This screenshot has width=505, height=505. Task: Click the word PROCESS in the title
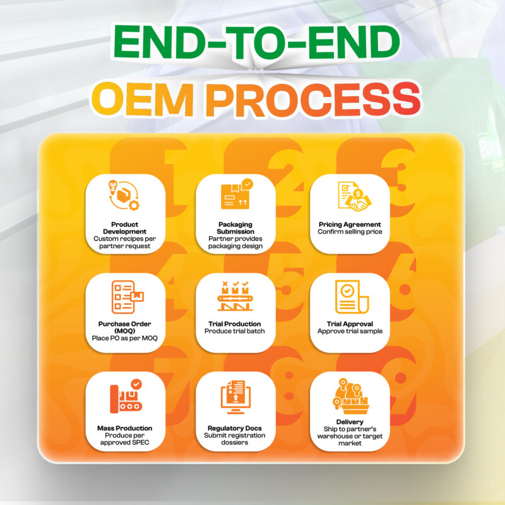click(x=313, y=99)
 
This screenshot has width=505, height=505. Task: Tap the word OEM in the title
click(x=143, y=99)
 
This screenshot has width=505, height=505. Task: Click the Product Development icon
click(x=124, y=196)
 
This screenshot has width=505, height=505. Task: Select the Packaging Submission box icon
click(x=237, y=194)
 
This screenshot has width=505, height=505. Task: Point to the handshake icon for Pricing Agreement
click(x=354, y=197)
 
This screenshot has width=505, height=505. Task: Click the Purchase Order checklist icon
click(x=128, y=297)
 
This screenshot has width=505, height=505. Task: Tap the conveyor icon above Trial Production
click(x=235, y=296)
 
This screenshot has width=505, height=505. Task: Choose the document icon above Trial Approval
click(x=352, y=297)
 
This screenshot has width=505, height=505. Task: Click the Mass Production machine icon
click(x=126, y=396)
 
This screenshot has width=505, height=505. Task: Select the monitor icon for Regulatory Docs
click(x=235, y=397)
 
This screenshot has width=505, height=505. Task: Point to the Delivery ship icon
click(x=351, y=396)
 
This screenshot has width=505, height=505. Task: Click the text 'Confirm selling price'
click(x=350, y=232)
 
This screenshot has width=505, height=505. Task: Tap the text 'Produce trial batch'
click(x=234, y=331)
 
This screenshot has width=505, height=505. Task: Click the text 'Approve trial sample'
click(x=350, y=331)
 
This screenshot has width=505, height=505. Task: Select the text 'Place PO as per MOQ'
click(x=124, y=338)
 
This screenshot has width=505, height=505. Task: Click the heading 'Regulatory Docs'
click(x=234, y=429)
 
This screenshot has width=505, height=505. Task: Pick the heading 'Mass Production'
click(x=124, y=429)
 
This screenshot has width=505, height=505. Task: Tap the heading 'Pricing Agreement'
click(x=350, y=225)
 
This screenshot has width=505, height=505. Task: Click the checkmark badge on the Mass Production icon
click(x=136, y=384)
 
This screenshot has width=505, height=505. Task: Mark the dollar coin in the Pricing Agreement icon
click(x=358, y=194)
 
